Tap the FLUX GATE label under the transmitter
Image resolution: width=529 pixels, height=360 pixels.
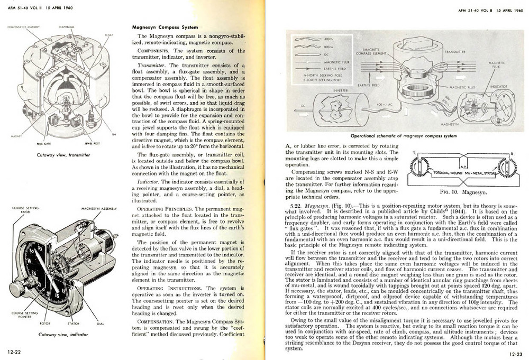(44, 143)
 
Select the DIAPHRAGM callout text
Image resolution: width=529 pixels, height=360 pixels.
(66, 25)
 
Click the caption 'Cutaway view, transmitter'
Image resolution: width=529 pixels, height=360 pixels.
(56, 155)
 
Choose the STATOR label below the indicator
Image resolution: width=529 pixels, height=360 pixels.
(74, 323)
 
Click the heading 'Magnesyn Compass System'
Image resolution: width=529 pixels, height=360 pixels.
(165, 27)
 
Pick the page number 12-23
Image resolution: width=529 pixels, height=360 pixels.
(516, 354)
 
